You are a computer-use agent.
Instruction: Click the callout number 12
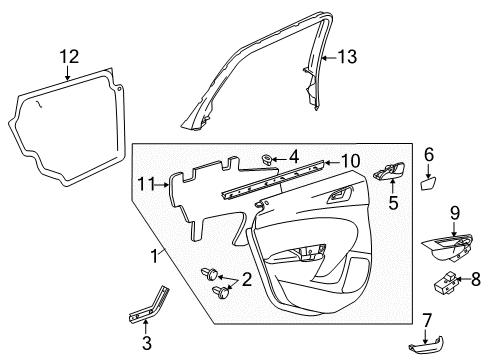coord(67,56)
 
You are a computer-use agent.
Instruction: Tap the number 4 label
coord(293,155)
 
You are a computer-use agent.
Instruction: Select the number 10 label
coord(350,161)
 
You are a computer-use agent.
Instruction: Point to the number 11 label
coord(147,183)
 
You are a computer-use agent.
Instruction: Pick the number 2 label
coord(245,279)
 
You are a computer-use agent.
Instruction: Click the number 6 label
coord(429,154)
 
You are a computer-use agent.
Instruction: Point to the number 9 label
coord(454,212)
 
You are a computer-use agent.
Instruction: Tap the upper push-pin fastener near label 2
coord(211,273)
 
